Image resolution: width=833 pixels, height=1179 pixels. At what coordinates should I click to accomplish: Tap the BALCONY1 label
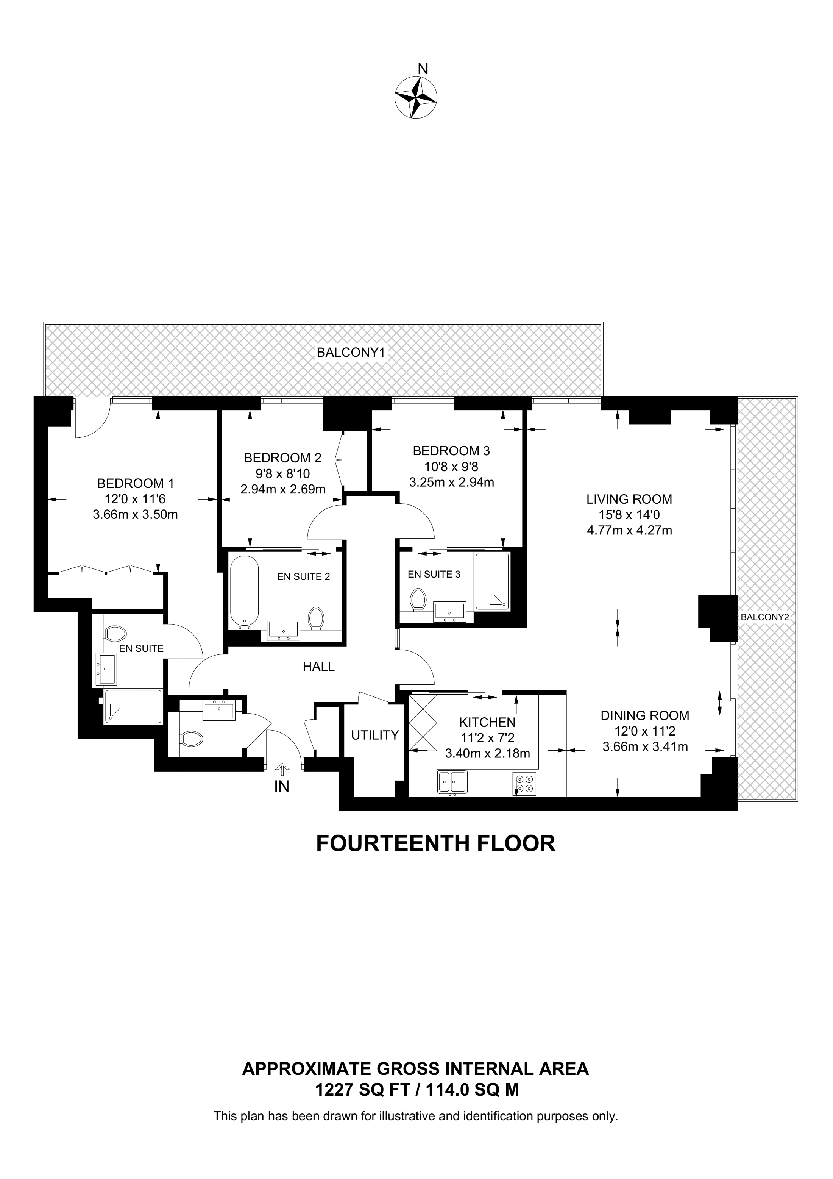pyautogui.click(x=351, y=353)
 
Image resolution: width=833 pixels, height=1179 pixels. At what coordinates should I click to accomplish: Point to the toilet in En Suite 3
pyautogui.click(x=419, y=600)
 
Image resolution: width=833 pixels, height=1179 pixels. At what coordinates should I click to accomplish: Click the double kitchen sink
pyautogui.click(x=452, y=782)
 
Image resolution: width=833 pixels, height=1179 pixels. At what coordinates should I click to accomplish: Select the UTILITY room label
pyautogui.click(x=375, y=736)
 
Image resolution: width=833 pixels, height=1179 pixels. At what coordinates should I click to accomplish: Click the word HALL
pyautogui.click(x=319, y=667)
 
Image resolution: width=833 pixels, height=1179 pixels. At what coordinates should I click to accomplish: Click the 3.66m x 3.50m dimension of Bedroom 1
pyautogui.click(x=136, y=515)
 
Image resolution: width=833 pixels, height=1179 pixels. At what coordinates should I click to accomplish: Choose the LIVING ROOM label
pyautogui.click(x=629, y=499)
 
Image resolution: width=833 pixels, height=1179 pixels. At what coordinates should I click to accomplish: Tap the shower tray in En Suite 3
pyautogui.click(x=492, y=582)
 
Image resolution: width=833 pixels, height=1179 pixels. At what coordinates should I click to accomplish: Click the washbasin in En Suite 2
pyautogui.click(x=283, y=629)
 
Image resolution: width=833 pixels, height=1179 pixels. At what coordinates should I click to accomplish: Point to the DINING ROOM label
pyautogui.click(x=645, y=715)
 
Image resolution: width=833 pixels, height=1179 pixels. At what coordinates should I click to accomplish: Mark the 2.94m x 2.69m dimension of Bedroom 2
pyautogui.click(x=283, y=489)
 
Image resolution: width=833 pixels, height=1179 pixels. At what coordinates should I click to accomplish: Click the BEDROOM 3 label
pyautogui.click(x=451, y=451)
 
